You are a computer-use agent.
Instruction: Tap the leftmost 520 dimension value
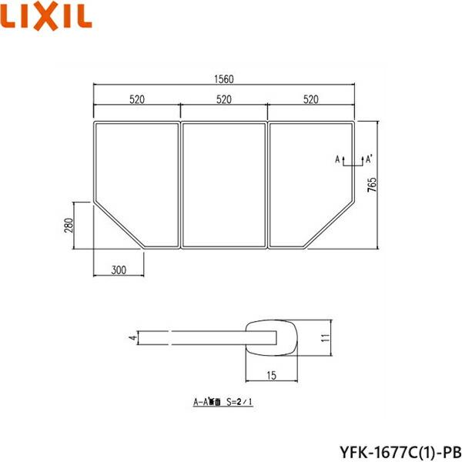(x=137, y=99)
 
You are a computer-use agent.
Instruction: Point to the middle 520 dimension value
(x=224, y=99)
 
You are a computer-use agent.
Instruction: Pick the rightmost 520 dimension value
(x=312, y=99)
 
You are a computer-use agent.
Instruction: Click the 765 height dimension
(x=372, y=186)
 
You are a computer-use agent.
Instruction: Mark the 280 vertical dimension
(x=68, y=225)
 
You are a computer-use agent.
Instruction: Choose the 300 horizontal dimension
(x=118, y=270)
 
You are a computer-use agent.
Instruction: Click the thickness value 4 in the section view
(x=132, y=337)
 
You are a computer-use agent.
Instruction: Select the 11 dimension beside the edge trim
(x=326, y=337)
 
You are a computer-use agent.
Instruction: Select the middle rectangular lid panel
(x=224, y=185)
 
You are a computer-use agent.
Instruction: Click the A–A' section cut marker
(x=354, y=160)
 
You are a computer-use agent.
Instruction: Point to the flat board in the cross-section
(x=192, y=337)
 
